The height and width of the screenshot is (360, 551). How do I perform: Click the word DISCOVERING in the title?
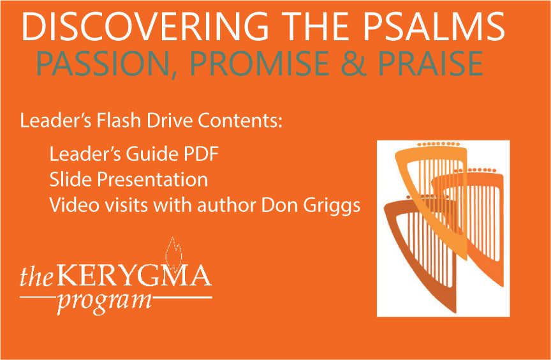[x=145, y=27]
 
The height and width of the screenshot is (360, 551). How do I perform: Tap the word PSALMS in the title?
[x=434, y=27]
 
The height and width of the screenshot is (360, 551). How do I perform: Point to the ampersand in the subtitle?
[x=354, y=64]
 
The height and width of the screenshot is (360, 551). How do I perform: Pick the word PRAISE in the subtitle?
[x=431, y=64]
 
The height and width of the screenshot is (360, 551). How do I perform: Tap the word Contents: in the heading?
[x=240, y=120]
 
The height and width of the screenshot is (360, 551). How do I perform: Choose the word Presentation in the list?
[x=152, y=180]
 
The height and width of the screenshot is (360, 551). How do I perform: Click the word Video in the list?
[x=75, y=205]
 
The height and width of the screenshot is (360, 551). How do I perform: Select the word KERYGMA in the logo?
[x=134, y=276]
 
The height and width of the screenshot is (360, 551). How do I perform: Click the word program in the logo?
[x=105, y=303]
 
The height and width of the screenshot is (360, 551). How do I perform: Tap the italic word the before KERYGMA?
[x=36, y=276]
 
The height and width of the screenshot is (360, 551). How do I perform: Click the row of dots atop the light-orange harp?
[x=438, y=144]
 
